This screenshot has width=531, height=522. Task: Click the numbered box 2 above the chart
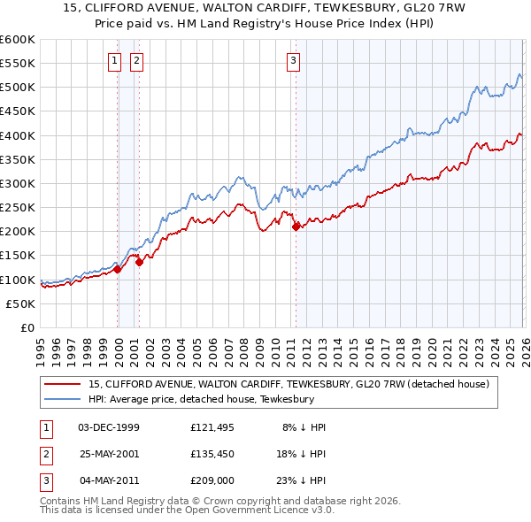[x=137, y=61]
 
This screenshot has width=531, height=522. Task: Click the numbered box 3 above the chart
[x=293, y=61]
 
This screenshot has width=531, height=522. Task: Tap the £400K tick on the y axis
[x=18, y=135]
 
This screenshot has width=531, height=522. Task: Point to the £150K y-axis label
[x=18, y=256]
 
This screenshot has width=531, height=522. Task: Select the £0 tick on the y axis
[x=28, y=328]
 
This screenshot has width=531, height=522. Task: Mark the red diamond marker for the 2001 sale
[x=139, y=262]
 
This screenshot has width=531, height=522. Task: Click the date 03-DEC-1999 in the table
[x=109, y=427]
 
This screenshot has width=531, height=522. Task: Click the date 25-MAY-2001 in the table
[x=109, y=454]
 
